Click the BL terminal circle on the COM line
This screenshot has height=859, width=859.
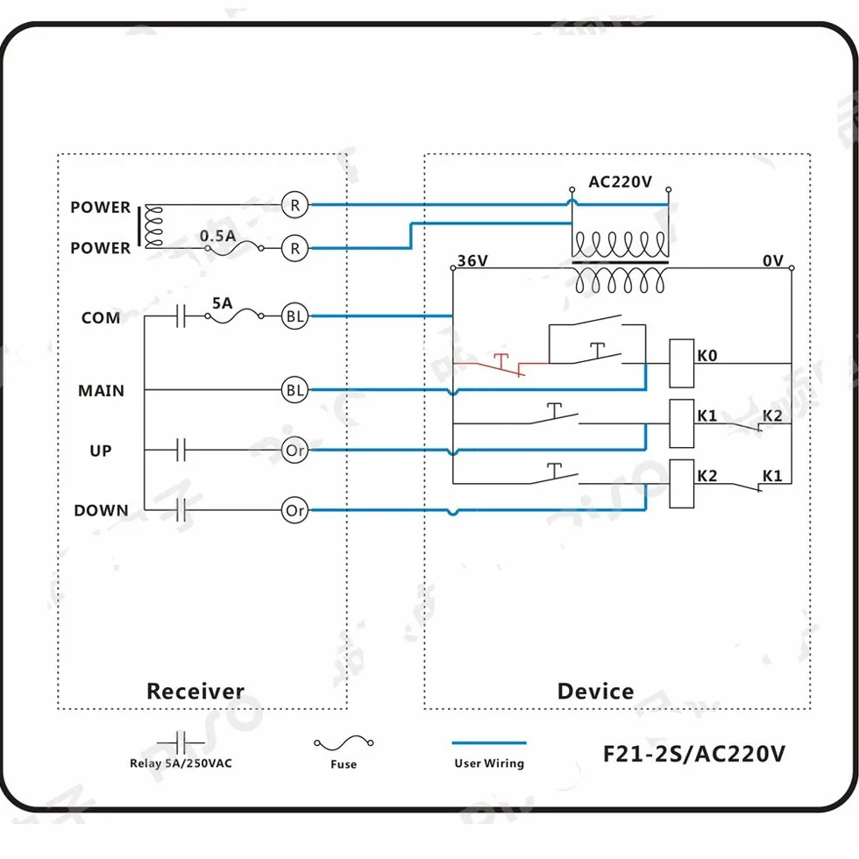[x=295, y=316]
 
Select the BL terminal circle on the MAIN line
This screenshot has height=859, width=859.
[x=295, y=390]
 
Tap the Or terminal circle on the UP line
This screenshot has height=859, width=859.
[x=295, y=451]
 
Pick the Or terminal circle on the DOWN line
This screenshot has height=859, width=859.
[x=295, y=510]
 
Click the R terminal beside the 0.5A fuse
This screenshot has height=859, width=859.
[x=295, y=248]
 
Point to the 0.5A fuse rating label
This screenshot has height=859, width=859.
[x=217, y=236]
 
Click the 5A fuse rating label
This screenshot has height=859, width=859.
[x=222, y=303]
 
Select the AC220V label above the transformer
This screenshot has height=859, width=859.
[x=621, y=182]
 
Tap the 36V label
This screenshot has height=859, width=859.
[x=472, y=261]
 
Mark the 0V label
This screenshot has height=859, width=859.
[x=773, y=261]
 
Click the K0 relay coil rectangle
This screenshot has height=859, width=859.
[x=682, y=363]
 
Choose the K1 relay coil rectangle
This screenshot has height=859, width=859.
[x=682, y=424]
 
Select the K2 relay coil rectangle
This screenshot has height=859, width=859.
[x=682, y=484]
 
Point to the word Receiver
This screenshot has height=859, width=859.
[x=195, y=692]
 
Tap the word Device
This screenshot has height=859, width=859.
[x=595, y=692]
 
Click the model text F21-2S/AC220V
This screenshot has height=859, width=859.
[x=694, y=754]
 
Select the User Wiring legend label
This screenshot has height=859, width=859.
[x=489, y=763]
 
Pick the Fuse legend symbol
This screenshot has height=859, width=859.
[x=344, y=743]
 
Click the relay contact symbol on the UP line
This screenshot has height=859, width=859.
[x=181, y=451]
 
